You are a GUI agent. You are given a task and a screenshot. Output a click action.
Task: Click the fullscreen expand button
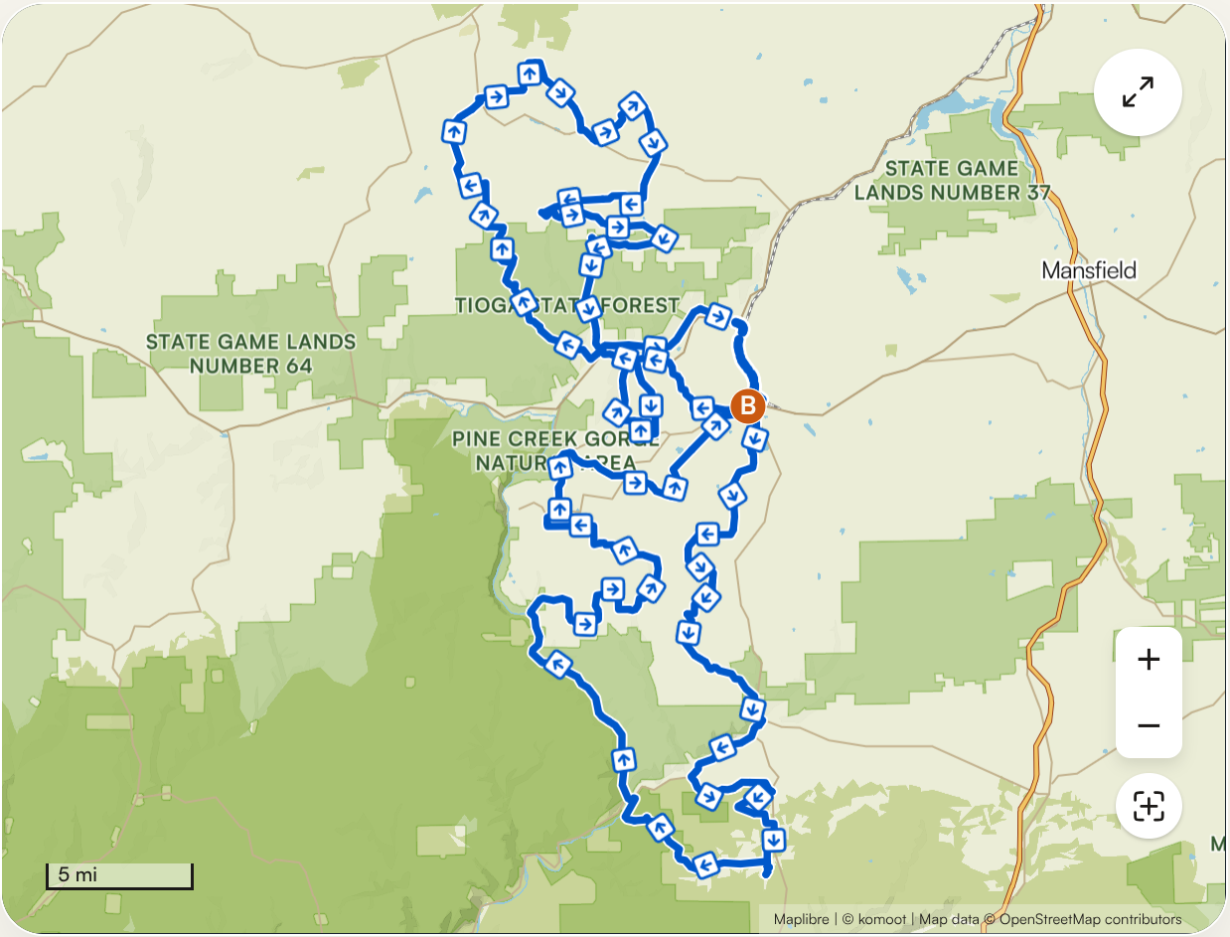(x=1138, y=92)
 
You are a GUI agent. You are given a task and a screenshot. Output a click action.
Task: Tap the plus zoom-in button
(x=1149, y=660)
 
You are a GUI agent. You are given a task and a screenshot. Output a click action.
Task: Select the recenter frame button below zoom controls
(x=1149, y=806)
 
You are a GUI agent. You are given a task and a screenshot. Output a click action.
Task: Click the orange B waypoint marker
(x=747, y=405)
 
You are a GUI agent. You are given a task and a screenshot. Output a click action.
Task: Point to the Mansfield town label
(x=1089, y=270)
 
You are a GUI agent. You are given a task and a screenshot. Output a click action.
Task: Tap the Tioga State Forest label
(x=566, y=305)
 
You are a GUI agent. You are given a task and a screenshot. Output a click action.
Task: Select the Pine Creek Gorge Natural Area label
(x=554, y=451)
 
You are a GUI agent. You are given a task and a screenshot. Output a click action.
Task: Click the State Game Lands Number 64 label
(x=250, y=354)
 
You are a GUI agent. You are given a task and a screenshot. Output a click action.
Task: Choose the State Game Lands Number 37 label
(x=952, y=180)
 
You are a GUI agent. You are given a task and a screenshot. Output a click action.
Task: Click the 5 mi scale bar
(x=119, y=876)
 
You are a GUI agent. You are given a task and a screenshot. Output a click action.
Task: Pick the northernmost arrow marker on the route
(x=531, y=73)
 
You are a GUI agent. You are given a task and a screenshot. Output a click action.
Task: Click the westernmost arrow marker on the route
(x=453, y=130)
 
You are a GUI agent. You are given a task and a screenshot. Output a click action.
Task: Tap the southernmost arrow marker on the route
(x=705, y=863)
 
